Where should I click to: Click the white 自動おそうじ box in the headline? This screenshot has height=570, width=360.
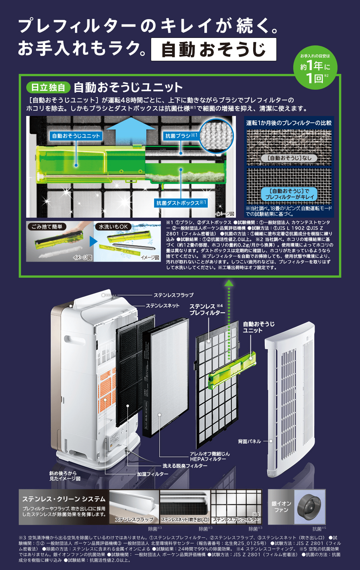coord(213,49)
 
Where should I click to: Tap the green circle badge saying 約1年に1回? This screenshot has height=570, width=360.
coord(315,68)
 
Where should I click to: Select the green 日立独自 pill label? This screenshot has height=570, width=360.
coord(48,87)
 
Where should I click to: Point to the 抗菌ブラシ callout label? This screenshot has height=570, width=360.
coord(181,135)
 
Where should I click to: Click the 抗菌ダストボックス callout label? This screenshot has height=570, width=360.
coord(181,203)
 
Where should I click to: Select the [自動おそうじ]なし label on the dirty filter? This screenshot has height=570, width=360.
coord(289,158)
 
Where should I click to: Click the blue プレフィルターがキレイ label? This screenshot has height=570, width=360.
coord(289,194)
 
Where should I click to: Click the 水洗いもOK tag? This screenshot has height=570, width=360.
coord(113,226)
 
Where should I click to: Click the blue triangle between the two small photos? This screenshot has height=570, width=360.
coord(93,241)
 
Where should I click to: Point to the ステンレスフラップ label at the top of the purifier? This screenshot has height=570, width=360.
coord(173,295)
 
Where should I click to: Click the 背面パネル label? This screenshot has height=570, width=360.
coord(249,441)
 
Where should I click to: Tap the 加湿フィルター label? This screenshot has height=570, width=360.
coord(153,474)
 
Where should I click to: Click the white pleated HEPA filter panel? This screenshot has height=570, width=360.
coord(169,375)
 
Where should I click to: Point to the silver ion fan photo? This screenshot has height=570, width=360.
coord(309,507)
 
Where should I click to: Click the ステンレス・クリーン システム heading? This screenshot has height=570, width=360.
coord(64,499)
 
